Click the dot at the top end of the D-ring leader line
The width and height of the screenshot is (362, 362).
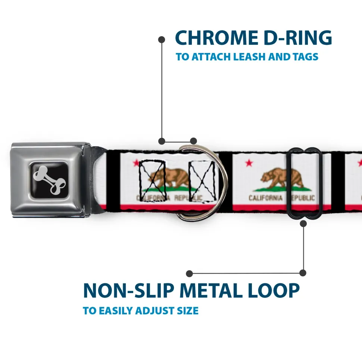pos(162,40)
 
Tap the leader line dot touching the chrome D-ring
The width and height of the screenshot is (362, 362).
pos(193,141)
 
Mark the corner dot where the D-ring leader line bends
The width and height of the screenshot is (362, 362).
pos(162,141)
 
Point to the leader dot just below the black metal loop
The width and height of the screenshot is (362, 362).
pos(303,223)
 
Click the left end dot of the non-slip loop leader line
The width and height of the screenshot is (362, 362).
pos(189,274)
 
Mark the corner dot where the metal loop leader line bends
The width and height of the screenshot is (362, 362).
pos(303,273)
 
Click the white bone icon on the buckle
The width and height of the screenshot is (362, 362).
pos(49,180)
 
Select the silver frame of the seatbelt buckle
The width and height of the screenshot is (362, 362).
pos(50,180)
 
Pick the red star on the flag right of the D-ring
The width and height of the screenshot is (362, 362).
pos(249,163)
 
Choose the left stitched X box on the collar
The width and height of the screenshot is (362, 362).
pos(152,181)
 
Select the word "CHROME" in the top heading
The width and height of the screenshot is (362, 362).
pos(216,38)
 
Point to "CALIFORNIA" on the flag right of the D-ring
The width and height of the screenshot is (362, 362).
pos(266,198)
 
